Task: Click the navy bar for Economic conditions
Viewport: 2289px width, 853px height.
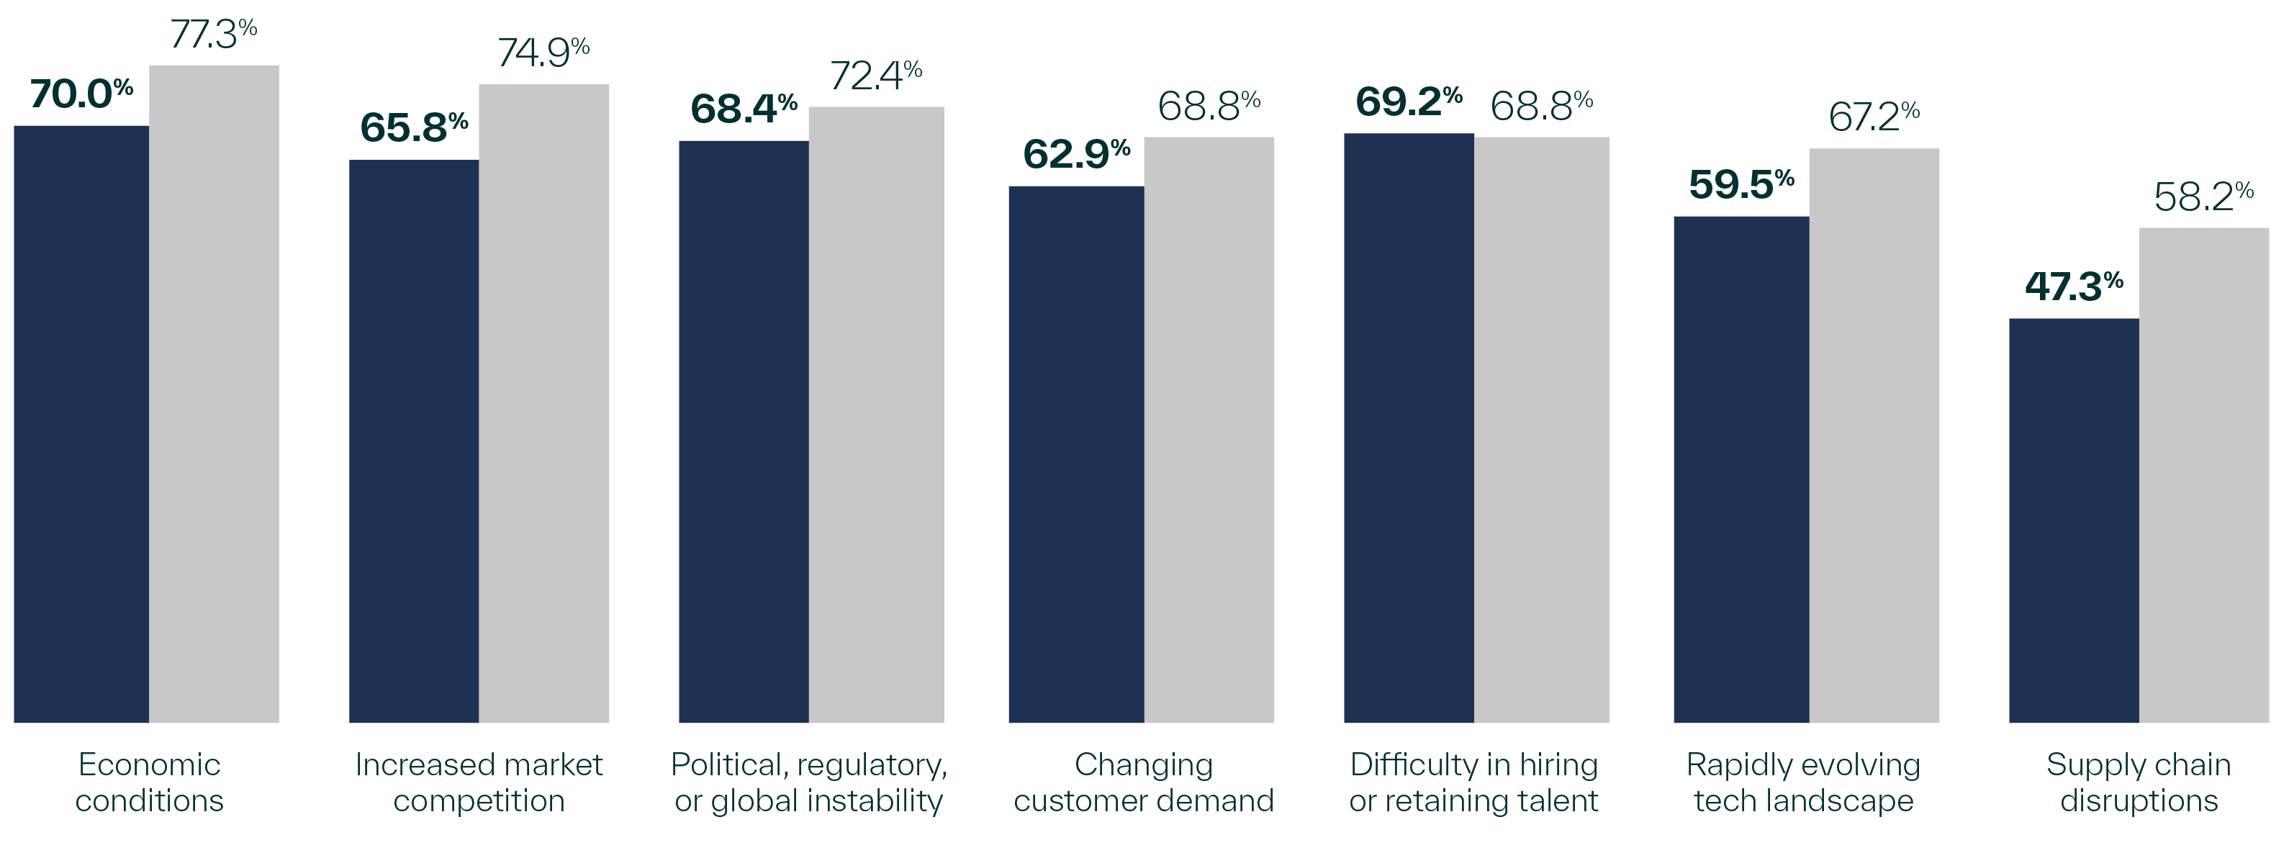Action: tap(81, 424)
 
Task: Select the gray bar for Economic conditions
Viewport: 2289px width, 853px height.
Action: tap(215, 394)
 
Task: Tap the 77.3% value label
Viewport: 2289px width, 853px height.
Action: tap(213, 35)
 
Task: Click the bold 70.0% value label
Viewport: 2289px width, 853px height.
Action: tap(81, 94)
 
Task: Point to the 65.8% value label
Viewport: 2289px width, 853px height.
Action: tap(414, 128)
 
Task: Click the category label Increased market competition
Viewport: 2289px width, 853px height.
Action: tap(479, 782)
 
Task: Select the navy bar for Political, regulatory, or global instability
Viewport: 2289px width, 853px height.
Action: tap(744, 432)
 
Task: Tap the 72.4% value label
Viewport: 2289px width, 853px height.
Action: tap(875, 76)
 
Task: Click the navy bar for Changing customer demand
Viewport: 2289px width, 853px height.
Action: tap(1076, 454)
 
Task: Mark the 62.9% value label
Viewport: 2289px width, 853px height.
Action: tap(1076, 155)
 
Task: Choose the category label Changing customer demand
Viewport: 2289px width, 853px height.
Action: tap(1144, 782)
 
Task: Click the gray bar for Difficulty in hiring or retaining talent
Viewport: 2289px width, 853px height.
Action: tap(1542, 430)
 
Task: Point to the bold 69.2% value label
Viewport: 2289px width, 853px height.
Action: tap(1409, 102)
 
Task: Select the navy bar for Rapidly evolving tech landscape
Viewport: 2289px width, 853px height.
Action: tap(1741, 469)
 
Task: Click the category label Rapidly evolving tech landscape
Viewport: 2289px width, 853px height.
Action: tap(1804, 782)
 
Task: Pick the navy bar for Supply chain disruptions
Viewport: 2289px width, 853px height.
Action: tap(2074, 520)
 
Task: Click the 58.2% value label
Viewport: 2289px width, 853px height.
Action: tap(2203, 197)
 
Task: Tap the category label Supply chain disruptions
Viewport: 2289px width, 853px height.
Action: tap(2139, 782)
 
